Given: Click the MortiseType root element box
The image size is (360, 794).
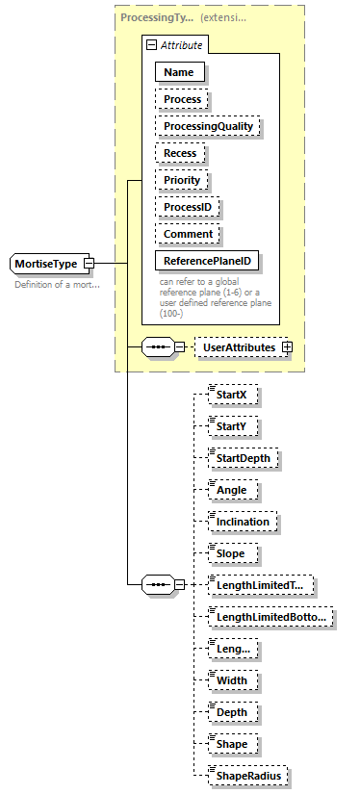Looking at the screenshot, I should (x=46, y=263).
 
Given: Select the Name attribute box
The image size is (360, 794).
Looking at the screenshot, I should (x=179, y=72).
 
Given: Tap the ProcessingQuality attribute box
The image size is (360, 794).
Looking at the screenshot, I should (x=207, y=126).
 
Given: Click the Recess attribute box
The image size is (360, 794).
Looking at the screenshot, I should (x=180, y=153).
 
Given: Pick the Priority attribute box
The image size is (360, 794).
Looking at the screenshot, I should (x=182, y=180).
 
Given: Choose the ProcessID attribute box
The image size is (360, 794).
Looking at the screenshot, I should (x=188, y=207).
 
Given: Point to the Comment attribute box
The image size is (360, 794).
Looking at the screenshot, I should (x=187, y=234).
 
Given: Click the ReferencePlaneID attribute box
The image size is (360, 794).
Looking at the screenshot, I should (x=209, y=261).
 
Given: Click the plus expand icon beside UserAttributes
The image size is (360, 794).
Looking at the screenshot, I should (x=286, y=346).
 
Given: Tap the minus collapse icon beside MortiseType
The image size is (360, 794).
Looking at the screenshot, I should (x=89, y=263).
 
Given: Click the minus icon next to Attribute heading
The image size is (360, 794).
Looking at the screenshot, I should (x=150, y=45).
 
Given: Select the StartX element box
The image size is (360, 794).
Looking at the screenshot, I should (x=232, y=394).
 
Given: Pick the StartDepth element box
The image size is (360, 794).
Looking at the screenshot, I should (x=244, y=458).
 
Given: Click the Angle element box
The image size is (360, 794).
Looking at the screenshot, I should (x=232, y=490).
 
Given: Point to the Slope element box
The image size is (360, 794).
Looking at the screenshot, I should (x=232, y=553).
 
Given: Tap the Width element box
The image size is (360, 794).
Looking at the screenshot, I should (x=232, y=680).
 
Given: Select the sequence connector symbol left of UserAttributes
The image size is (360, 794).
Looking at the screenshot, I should (x=158, y=346).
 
